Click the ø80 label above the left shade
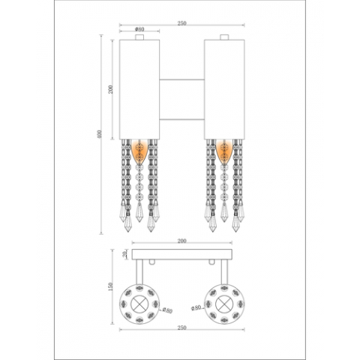(x=139, y=30)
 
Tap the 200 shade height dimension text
(x=110, y=88)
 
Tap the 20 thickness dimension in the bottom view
(x=125, y=255)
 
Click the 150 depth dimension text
(x=110, y=287)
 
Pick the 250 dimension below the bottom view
(x=181, y=328)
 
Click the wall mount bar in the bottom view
(x=181, y=255)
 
